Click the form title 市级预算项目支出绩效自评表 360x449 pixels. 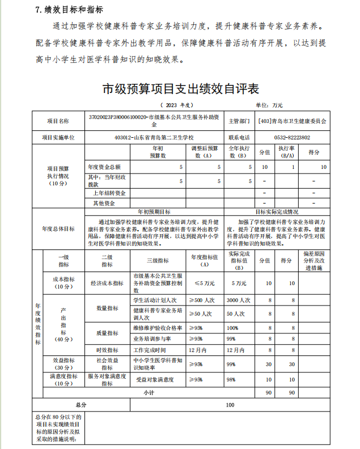[x=180, y=89]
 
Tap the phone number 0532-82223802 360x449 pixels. [x=291, y=137]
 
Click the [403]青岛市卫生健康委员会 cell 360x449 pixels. [x=291, y=121]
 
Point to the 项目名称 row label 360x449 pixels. [x=58, y=121]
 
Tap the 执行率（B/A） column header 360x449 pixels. [x=286, y=152]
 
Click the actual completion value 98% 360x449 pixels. [x=231, y=379]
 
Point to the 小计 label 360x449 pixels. [x=149, y=392]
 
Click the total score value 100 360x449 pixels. [x=230, y=405]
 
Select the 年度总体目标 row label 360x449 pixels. [x=58, y=228]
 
